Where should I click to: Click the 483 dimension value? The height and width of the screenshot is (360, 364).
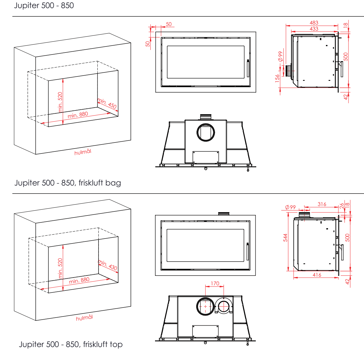314,23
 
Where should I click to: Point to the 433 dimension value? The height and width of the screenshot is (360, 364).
314,29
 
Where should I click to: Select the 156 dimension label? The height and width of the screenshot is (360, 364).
277,78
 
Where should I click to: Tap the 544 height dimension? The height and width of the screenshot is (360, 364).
285,238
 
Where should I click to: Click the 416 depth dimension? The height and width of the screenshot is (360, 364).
317,275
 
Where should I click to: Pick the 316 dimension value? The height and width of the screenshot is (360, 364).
322,204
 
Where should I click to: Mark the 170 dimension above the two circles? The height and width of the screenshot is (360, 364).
215,284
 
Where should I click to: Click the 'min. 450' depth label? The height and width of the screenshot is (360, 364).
107,103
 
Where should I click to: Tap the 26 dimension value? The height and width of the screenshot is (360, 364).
342,206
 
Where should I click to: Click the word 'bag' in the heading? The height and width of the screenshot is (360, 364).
113,183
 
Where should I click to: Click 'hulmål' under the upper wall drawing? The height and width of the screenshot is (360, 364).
83,152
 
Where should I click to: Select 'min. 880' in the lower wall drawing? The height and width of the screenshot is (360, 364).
79,281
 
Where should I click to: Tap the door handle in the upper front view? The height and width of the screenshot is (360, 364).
248,68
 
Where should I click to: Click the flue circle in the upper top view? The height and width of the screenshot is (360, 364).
206,132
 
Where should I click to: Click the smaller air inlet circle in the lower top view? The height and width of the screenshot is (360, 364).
224,306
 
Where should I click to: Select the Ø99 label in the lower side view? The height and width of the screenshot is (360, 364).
290,207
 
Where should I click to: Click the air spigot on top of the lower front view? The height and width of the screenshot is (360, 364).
224,214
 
